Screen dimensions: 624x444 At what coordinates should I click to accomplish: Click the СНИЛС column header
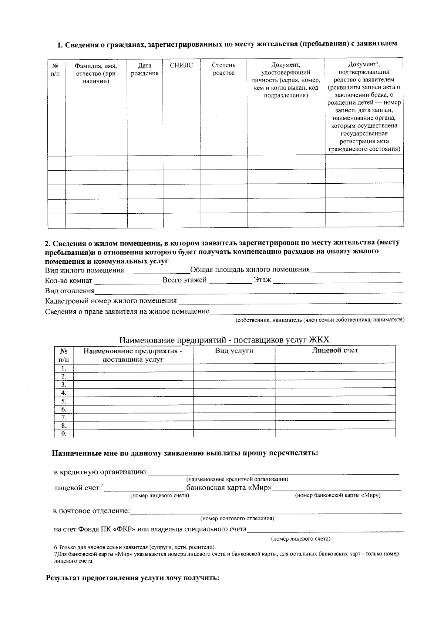click(x=181, y=66)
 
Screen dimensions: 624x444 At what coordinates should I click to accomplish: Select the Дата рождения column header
click(x=145, y=69)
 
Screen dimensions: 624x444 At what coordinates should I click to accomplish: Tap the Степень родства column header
click(x=223, y=69)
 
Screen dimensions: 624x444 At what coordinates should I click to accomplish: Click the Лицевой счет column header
click(x=335, y=350)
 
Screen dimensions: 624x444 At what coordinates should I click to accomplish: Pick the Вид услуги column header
click(x=234, y=351)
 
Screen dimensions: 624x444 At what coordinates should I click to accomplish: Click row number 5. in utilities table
click(x=64, y=401)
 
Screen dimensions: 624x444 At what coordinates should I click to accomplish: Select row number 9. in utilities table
click(x=64, y=434)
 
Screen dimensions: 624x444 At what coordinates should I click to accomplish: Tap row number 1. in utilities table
click(x=64, y=368)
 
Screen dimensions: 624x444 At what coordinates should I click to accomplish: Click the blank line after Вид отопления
click(x=248, y=291)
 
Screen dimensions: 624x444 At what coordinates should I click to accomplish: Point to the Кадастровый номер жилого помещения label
click(x=111, y=301)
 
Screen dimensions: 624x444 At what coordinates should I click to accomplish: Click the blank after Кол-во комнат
click(x=127, y=281)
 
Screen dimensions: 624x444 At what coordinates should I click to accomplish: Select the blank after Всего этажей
click(x=230, y=281)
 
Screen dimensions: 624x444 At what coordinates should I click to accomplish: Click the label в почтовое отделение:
click(x=91, y=511)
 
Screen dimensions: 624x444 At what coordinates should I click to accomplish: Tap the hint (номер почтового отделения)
click(x=237, y=518)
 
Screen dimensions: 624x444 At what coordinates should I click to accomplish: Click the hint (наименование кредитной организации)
click(x=237, y=479)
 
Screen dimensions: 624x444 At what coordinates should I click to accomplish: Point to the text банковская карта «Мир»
click(x=229, y=487)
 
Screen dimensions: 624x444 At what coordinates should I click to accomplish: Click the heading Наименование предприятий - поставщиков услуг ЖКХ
click(x=224, y=340)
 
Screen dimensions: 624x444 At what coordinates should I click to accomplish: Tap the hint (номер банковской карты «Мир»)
click(x=337, y=495)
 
